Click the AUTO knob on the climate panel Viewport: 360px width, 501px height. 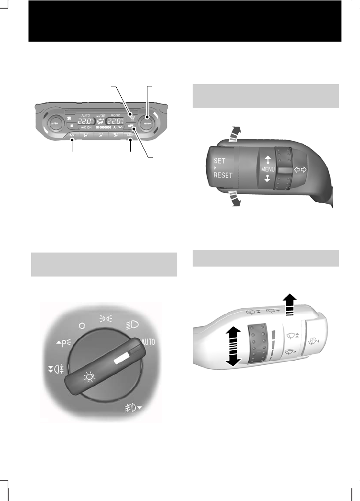54,123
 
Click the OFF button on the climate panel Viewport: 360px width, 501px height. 131,126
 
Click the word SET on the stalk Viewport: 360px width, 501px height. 219,161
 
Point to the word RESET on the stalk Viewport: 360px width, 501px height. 223,175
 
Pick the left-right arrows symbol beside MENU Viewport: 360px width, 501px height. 299,169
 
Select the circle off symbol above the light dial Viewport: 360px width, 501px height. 81,325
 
